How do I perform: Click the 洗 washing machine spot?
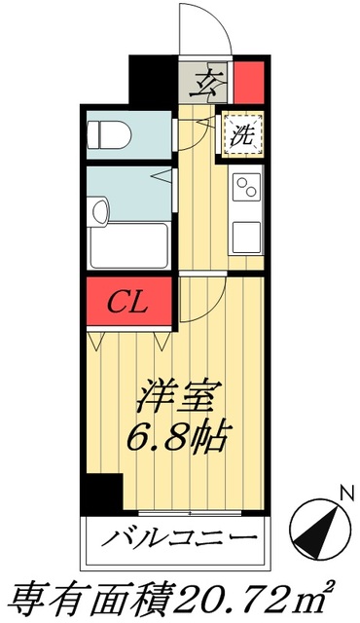240,135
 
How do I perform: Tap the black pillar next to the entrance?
154,84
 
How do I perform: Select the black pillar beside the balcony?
101,494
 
